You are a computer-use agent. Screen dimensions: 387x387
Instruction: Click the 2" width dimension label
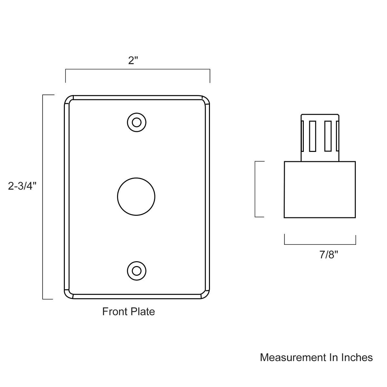133,60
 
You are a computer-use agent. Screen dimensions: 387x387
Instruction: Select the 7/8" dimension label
329,254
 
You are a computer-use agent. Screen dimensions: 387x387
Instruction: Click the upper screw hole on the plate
137,123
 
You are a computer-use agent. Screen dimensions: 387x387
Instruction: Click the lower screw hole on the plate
137,271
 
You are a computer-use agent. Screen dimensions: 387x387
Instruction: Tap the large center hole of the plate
136,196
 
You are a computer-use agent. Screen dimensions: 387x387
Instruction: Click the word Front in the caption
114,312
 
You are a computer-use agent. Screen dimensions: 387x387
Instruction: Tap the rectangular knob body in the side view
320,190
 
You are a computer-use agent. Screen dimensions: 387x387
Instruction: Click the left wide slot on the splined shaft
312,136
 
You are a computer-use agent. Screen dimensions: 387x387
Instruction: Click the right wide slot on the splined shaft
328,136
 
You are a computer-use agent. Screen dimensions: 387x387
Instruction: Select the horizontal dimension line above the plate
138,69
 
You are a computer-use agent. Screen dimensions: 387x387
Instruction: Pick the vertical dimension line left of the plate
43,197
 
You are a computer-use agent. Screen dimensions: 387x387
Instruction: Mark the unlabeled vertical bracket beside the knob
255,189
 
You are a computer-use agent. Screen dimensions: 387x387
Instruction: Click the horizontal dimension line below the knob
320,244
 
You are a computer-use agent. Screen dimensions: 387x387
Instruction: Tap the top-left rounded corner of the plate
69,100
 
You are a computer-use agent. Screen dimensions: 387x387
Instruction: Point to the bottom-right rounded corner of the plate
205,294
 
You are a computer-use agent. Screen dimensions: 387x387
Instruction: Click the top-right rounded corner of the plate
205,100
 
